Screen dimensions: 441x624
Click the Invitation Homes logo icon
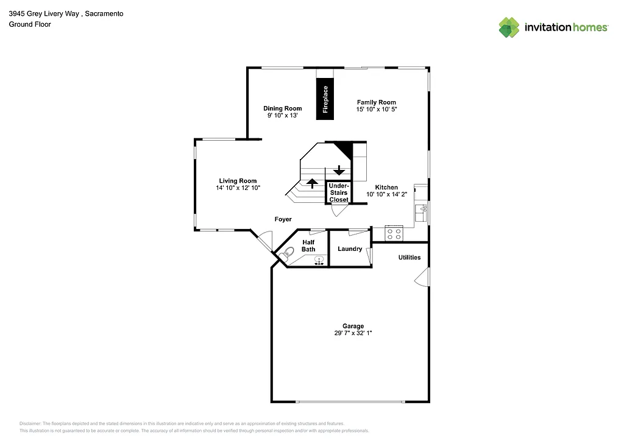point(509,27)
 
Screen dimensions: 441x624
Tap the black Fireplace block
point(325,99)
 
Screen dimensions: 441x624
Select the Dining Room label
point(282,108)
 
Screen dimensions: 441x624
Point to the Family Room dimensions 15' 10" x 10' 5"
point(376,110)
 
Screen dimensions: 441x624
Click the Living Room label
point(238,181)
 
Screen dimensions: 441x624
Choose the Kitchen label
point(386,187)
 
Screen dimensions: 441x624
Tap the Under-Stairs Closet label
point(339,192)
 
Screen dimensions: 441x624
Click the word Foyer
point(283,219)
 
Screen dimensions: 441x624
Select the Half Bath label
point(308,245)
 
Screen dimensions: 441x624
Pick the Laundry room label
point(350,249)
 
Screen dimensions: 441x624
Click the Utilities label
point(409,257)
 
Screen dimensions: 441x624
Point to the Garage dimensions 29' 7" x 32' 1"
point(353,333)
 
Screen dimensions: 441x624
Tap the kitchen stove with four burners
point(394,233)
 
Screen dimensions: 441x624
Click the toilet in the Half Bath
point(289,252)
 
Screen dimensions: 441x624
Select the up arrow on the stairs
point(312,182)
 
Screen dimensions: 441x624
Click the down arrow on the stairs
point(339,170)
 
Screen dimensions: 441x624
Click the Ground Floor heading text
point(29,24)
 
